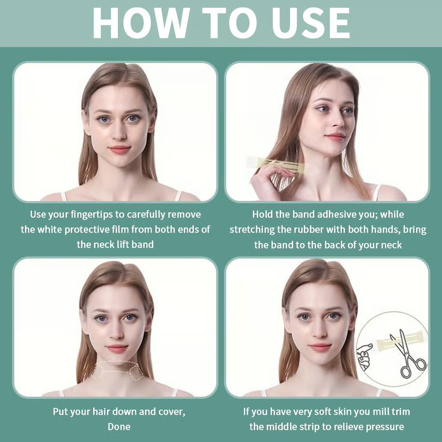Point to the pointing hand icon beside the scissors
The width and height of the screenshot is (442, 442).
364,354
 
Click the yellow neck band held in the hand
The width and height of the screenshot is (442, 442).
281,163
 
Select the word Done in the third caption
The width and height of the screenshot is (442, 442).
119,426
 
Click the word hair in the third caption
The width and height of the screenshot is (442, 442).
114,411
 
